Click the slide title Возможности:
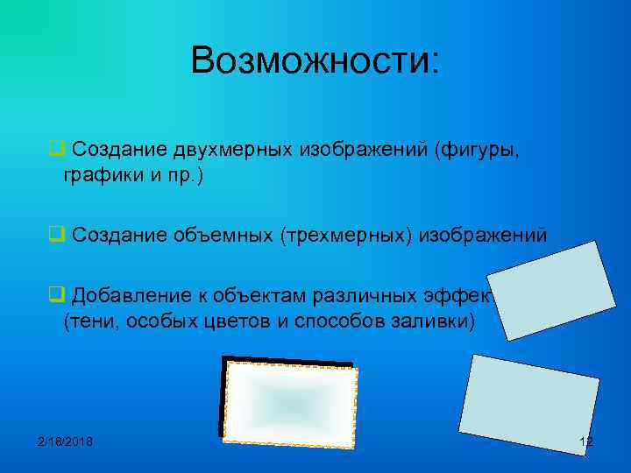point(315,60)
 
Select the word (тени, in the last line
point(91,320)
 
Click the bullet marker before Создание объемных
point(55,235)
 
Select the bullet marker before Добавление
point(55,293)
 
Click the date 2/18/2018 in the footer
point(65,441)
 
